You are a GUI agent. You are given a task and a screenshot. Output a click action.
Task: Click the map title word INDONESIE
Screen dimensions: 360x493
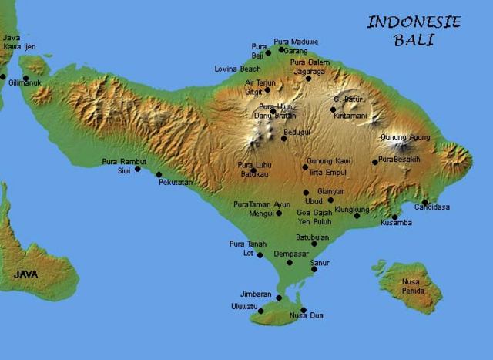coord(414,22)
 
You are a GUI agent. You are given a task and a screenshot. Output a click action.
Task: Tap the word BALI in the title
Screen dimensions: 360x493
coord(414,41)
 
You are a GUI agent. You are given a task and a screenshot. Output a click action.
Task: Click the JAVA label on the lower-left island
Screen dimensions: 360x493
coord(28,274)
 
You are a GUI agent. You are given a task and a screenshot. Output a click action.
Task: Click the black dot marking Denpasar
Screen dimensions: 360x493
coord(290,262)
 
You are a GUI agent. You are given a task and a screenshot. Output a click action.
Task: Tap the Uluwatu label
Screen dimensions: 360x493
coord(243,306)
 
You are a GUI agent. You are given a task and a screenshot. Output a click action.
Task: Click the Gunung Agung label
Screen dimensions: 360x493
coord(404,136)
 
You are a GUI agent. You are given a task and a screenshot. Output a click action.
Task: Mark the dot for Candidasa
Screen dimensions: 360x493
coord(425,202)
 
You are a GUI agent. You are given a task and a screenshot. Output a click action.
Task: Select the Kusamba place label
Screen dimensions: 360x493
coord(396,223)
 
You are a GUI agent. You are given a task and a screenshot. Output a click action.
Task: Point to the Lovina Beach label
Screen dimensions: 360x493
coord(236,69)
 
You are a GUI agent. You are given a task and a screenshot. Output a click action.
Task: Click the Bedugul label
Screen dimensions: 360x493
coord(297,133)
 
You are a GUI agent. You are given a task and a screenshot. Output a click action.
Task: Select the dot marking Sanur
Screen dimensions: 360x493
coord(314,269)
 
